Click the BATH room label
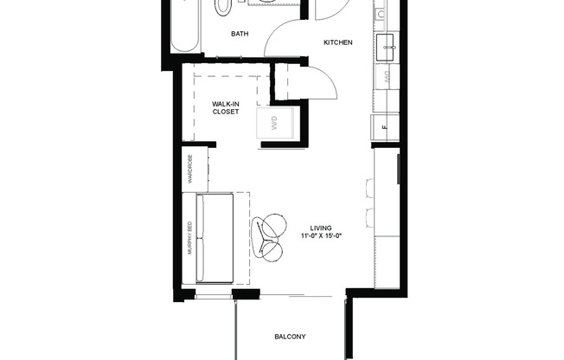pos(240,35)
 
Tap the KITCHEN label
pos(337,42)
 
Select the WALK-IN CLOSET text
pos(225,107)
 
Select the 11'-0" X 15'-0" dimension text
pos(321,236)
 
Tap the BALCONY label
pos(290,337)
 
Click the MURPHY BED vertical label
pos(189,238)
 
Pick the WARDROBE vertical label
pos(189,170)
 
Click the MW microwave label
pos(385,75)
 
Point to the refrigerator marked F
pos(385,130)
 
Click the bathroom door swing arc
pos(281,39)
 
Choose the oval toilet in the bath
pos(223,7)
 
